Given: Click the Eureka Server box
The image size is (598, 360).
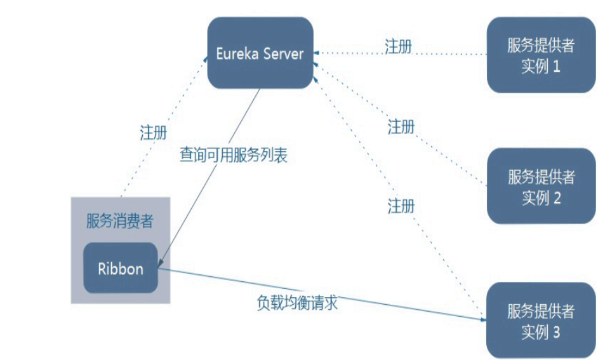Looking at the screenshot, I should pos(260,53).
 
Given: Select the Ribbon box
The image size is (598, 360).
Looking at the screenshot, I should pos(121,268).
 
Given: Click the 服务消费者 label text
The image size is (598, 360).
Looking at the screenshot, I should pos(120,222).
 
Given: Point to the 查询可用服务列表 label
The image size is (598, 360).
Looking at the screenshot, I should pos(233,156).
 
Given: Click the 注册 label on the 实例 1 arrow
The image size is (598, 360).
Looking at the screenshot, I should pos(398,46).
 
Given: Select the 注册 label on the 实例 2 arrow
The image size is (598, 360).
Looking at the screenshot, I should pos(401,127).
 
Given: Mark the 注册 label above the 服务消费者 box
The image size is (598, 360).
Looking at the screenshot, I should pos(153,133).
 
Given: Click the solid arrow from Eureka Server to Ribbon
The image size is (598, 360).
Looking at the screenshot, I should pos(209,178).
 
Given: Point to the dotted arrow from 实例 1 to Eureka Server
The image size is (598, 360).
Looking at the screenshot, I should pos(444,54).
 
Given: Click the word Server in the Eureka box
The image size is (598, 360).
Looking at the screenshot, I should pos(283,53).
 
